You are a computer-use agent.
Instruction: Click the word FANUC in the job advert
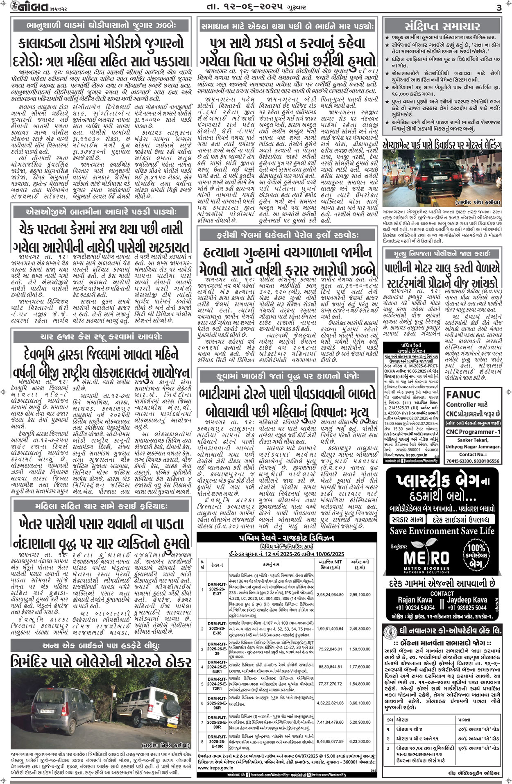tap(463, 394)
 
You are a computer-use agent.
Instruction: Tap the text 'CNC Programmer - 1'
tap(473, 432)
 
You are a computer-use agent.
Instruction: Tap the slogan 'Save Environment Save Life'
tap(442, 531)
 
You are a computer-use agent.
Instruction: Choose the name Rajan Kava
tap(415, 600)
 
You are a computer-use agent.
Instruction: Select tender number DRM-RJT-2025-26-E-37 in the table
tap(217, 589)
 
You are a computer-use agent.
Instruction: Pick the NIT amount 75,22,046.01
tap(330, 649)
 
